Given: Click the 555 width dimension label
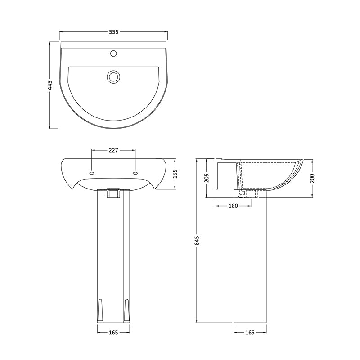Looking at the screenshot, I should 113,32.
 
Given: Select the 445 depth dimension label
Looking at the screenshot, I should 50,85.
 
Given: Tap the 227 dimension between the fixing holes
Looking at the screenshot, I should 113,150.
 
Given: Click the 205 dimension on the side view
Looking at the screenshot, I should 206,178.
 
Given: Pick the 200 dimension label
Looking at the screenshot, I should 312,178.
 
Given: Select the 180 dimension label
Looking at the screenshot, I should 233,206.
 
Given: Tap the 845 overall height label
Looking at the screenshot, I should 197,241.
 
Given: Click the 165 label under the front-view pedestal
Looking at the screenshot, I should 113,333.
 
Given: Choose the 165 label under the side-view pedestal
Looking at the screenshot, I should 250,333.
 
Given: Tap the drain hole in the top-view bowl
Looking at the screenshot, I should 113,76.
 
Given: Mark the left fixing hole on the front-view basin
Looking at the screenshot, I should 92,172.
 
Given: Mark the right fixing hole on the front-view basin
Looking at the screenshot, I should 135,172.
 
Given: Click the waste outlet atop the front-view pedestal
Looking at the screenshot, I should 113,193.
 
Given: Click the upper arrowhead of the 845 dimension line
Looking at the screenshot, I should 197,160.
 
